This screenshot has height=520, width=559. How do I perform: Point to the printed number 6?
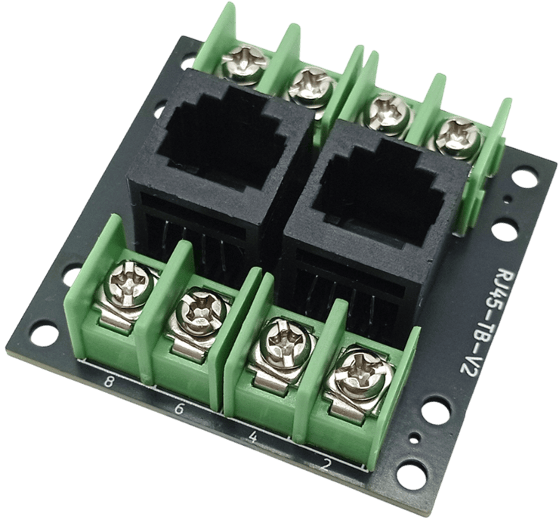click(x=179, y=409)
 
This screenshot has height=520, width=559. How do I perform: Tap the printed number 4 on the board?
click(x=252, y=437)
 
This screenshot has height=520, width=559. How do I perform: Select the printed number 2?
click(x=326, y=465)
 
